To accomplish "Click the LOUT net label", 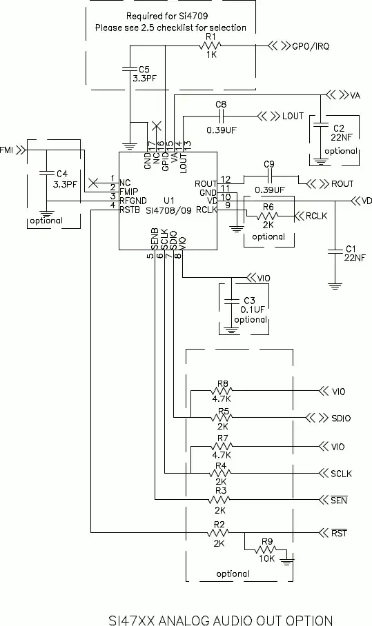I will coord(293,116).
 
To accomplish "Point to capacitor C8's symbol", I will coord(221,116).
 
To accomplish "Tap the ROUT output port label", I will coord(342,184).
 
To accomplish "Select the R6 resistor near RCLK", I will coord(268,216).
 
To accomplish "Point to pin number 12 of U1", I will coord(225,179).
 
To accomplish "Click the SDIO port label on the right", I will coord(342,418).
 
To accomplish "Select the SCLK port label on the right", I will coord(342,474).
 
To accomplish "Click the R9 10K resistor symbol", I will coord(266,550).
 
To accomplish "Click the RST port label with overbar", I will coord(339,533).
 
